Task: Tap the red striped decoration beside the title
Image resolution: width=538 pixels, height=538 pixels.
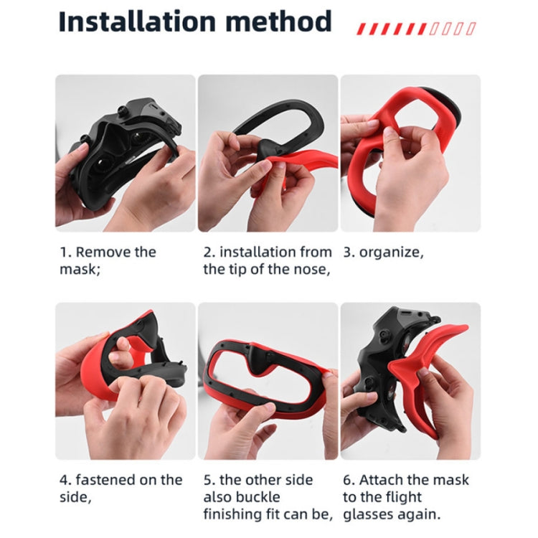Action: pos(416,29)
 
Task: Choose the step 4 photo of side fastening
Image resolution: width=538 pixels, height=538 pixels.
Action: pos(126,380)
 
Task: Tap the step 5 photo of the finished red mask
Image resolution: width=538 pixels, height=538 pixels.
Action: pos(268,380)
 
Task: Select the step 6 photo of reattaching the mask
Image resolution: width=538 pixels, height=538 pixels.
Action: pos(410,380)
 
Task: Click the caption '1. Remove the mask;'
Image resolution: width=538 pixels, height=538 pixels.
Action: pos(108,260)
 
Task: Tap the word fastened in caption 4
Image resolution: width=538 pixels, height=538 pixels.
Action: pos(104,479)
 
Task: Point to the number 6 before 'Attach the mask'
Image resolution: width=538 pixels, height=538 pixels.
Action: pos(347,479)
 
